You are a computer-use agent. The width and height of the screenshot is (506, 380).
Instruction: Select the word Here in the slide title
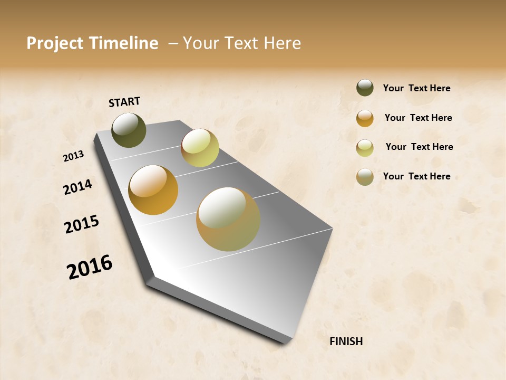pos(282,43)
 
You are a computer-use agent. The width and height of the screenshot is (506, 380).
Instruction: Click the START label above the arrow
pos(124,102)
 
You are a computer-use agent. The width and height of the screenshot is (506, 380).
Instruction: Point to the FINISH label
pos(346,341)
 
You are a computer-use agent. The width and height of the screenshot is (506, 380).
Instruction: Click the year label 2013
pos(74,156)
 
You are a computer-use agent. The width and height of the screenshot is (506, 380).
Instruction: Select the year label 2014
pos(77,187)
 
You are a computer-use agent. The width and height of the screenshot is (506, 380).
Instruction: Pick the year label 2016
pos(90,267)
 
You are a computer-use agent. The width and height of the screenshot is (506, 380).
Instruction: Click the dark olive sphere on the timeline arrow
pos(129,130)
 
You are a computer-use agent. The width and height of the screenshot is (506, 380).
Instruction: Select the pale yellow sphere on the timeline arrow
pos(200,148)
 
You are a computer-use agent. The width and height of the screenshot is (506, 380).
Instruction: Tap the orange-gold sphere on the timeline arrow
pos(153,190)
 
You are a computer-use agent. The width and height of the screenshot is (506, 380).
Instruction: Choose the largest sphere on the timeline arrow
pos(228,219)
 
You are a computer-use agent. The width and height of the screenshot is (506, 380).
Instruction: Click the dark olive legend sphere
pos(365,88)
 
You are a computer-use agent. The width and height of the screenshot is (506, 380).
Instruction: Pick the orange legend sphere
pos(365,118)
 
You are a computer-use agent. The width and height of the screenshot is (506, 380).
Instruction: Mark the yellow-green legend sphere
pos(365,148)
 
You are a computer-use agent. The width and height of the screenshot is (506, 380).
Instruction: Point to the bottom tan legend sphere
pos(365,177)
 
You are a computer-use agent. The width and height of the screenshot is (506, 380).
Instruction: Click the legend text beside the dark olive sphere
pos(416,89)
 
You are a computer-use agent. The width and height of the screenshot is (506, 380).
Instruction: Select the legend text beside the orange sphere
pos(418,118)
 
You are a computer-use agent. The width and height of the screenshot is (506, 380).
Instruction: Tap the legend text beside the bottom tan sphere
pos(416,176)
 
